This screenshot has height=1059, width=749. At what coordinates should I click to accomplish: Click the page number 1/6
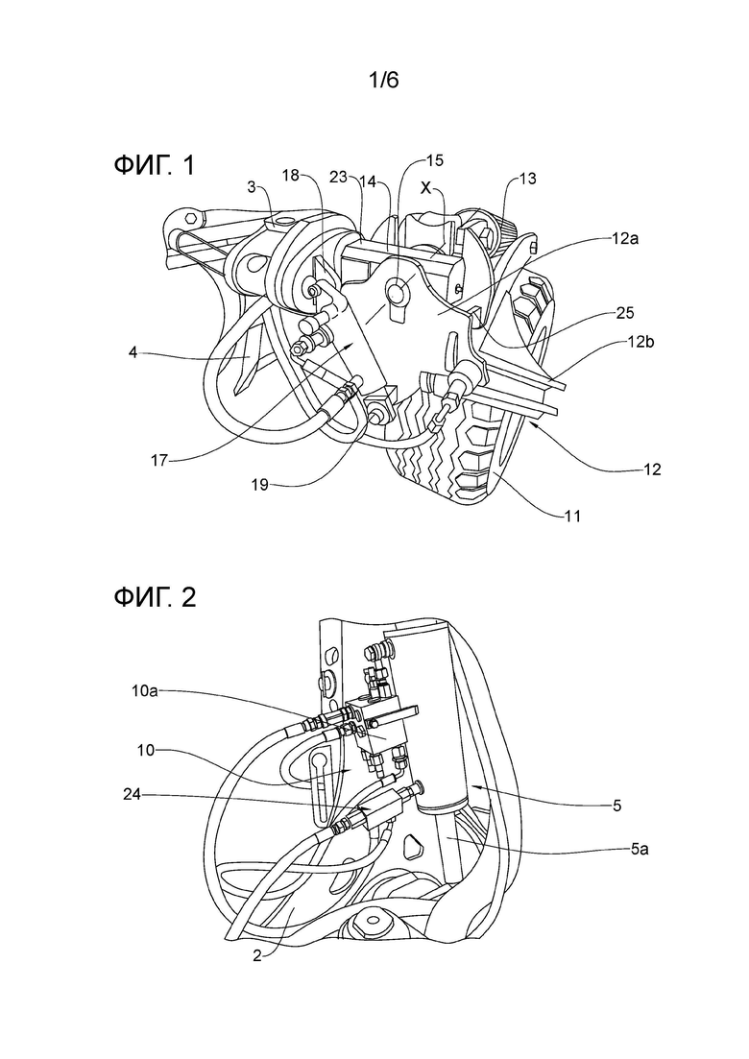pyautogui.click(x=383, y=81)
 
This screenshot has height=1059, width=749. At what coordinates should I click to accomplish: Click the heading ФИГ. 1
pyautogui.click(x=155, y=165)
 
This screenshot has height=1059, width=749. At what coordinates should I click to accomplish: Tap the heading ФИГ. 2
pyautogui.click(x=156, y=597)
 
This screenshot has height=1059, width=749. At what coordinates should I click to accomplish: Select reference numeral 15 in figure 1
pyautogui.click(x=435, y=160)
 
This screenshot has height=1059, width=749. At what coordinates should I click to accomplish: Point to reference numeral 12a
pyautogui.click(x=627, y=240)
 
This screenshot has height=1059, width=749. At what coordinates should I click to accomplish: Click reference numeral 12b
pyautogui.click(x=640, y=343)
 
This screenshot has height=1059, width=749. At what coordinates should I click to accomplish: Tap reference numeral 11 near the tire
pyautogui.click(x=572, y=517)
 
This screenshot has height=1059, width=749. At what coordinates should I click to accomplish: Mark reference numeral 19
pyautogui.click(x=260, y=484)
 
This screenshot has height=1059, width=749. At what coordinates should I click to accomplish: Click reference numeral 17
pyautogui.click(x=159, y=461)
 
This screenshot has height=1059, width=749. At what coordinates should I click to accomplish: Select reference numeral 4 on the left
pyautogui.click(x=133, y=351)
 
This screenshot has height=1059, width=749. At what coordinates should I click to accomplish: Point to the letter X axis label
pyautogui.click(x=425, y=188)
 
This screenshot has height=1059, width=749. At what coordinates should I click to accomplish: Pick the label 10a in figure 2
pyautogui.click(x=145, y=690)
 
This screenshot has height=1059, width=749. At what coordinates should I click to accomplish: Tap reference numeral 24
pyautogui.click(x=132, y=795)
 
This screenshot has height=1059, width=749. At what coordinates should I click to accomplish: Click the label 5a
pyautogui.click(x=639, y=849)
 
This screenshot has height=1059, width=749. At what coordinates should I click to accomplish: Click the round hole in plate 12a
pyautogui.click(x=397, y=291)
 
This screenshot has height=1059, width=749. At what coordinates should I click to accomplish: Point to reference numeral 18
pyautogui.click(x=290, y=176)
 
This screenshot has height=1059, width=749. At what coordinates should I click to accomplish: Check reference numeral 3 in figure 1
pyautogui.click(x=251, y=188)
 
